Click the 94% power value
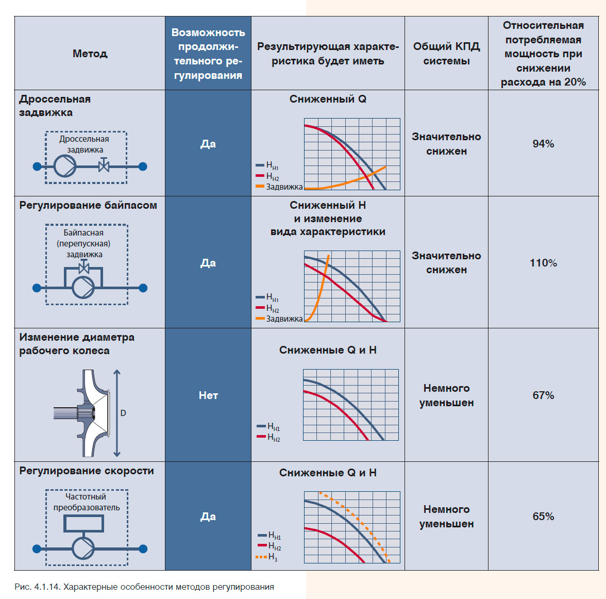pos(543,144)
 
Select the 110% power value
pos(543,263)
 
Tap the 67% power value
pos(543,395)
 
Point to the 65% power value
pos(543,517)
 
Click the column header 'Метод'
pos(90,54)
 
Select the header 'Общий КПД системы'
pos(446,54)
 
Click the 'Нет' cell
pos(208,395)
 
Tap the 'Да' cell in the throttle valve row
pos(208,144)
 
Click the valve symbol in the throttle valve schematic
pos(104,166)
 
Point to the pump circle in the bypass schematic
pos(83,288)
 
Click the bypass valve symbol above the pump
pos(83,268)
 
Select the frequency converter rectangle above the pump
pos(83,524)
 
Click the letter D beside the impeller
pos(123,413)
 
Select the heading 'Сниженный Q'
pos(328,99)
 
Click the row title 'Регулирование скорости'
pos(87,471)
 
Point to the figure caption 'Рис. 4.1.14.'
pos(38,587)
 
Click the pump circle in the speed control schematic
pos(83,548)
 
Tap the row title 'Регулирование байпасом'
pos(88,205)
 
